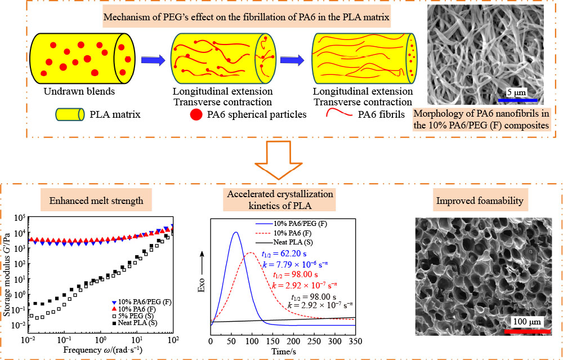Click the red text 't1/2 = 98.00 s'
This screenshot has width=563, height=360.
[296, 275]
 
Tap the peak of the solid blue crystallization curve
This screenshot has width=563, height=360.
[235, 232]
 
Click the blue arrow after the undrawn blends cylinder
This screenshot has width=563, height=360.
[149, 57]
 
